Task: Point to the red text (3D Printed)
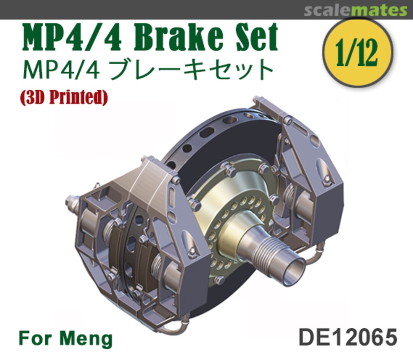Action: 64,98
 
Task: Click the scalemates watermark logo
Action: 355,11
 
